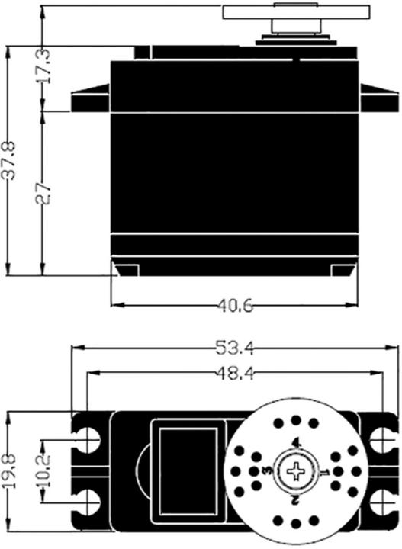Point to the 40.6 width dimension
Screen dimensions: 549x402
click(233, 306)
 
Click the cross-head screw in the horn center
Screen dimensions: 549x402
click(294, 472)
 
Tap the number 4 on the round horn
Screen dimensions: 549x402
click(296, 444)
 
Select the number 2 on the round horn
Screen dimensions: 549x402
click(294, 500)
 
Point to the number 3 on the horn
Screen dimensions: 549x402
click(266, 472)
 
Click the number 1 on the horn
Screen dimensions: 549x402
click(323, 473)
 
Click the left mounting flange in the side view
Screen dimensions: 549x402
click(91, 102)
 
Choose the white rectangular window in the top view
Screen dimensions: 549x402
click(188, 471)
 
